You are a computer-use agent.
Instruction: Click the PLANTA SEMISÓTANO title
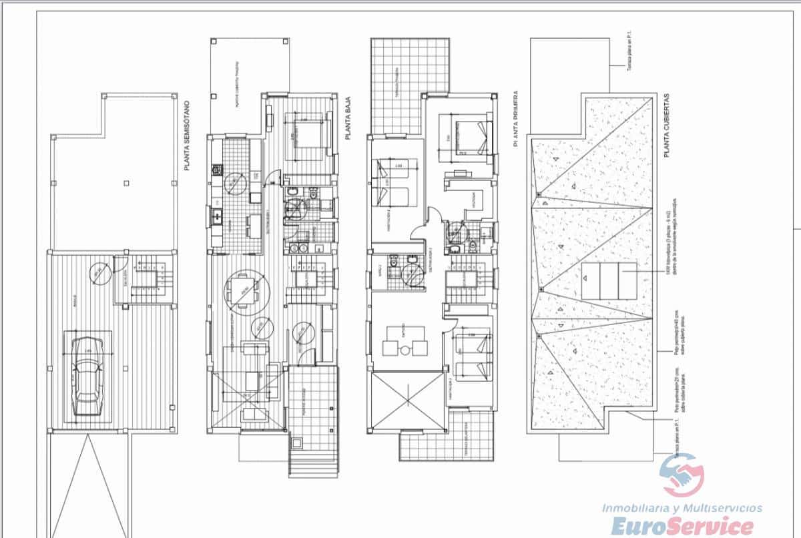[x=188, y=135]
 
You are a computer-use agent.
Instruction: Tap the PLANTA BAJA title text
[x=348, y=118]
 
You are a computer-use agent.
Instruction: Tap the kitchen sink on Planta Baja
[x=218, y=215]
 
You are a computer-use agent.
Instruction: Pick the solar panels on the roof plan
[x=609, y=280]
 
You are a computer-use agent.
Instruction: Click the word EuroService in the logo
[x=682, y=526]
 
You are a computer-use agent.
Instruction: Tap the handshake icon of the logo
[x=682, y=477]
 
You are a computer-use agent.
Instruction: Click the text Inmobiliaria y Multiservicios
[x=682, y=508]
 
